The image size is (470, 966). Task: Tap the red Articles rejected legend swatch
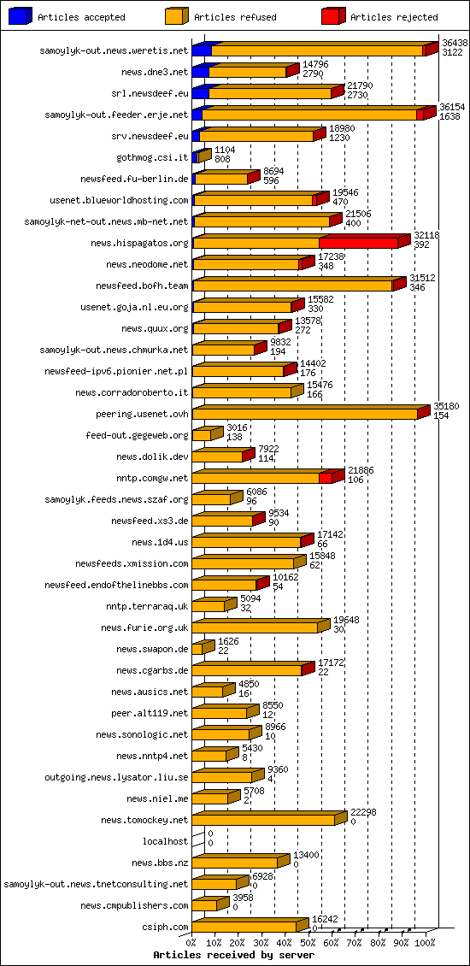pyautogui.click(x=332, y=16)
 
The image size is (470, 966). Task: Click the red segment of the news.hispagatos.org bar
pyautogui.click(x=359, y=243)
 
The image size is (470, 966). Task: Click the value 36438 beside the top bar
pyautogui.click(x=455, y=42)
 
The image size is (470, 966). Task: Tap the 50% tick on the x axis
pyautogui.click(x=308, y=942)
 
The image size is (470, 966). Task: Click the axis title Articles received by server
pyautogui.click(x=233, y=954)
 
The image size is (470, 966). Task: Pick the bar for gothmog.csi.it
pyautogui.click(x=201, y=156)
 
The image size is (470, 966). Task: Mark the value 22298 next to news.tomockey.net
pyautogui.click(x=362, y=812)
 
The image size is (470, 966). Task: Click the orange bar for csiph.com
pyautogui.click(x=244, y=927)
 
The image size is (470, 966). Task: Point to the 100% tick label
pyautogui.click(x=425, y=942)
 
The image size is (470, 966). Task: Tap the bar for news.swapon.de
pyautogui.click(x=199, y=649)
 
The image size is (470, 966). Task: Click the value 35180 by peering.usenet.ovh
pyautogui.click(x=446, y=406)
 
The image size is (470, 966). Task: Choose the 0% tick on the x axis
pyautogui.click(x=191, y=942)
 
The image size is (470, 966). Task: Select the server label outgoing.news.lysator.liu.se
pyautogui.click(x=116, y=777)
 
